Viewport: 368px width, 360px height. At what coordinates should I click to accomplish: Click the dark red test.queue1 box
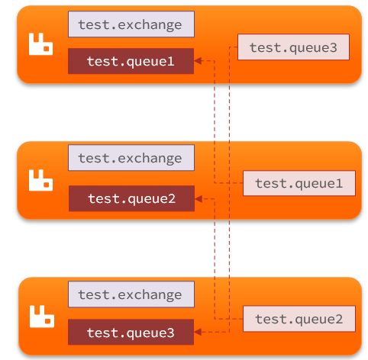[x=131, y=61]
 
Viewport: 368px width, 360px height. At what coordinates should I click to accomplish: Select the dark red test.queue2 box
[x=131, y=198]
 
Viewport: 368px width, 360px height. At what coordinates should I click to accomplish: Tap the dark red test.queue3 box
[x=131, y=332]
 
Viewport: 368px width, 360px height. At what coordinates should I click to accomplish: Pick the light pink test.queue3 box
[x=293, y=47]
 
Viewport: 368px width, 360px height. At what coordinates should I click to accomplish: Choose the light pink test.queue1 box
[x=299, y=183]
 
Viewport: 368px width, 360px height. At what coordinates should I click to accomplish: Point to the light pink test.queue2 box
[x=299, y=319]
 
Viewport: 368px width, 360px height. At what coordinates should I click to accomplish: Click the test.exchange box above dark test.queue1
[x=131, y=24]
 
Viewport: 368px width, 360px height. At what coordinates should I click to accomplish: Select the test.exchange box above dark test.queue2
[x=131, y=158]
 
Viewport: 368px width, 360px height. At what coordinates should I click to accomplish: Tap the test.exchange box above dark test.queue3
[x=131, y=294]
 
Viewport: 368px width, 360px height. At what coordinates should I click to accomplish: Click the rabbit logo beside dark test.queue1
[x=40, y=44]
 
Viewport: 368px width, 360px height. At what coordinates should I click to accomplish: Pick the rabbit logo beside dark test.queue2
[x=40, y=180]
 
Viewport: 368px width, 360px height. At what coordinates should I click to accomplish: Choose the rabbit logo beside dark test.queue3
[x=42, y=317]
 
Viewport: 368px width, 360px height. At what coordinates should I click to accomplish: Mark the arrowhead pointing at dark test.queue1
[x=198, y=61]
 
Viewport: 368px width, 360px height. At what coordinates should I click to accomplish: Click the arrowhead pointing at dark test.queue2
[x=199, y=199]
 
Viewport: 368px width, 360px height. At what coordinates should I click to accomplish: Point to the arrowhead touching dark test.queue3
[x=198, y=332]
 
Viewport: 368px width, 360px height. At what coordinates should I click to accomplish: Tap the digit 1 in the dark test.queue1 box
[x=171, y=61]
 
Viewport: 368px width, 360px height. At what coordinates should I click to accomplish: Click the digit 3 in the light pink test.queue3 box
[x=333, y=47]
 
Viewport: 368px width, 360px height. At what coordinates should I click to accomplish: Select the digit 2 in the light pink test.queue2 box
[x=339, y=319]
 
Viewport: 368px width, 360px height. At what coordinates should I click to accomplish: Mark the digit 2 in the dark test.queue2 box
[x=172, y=198]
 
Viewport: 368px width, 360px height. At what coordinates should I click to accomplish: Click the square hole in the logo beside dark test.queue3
[x=48, y=321]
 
